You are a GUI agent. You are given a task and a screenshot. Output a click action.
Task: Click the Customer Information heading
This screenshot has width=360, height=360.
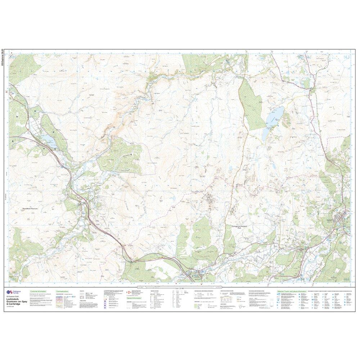point(39,291)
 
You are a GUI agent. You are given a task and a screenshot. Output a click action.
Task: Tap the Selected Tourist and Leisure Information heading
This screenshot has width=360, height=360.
point(292,291)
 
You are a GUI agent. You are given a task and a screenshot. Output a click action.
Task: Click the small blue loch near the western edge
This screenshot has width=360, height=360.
point(48,139)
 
